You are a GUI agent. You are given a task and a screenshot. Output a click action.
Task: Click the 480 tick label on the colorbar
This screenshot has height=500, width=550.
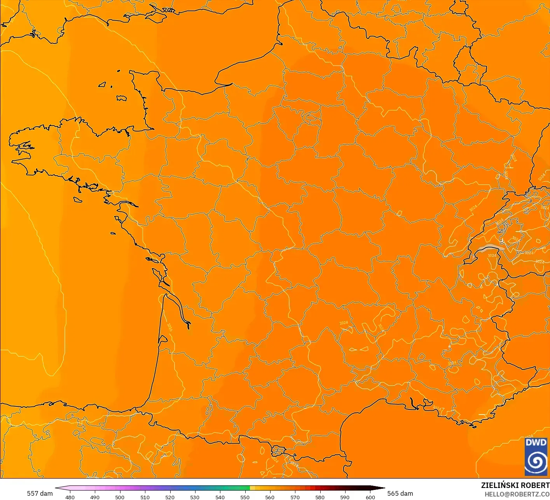(70, 497)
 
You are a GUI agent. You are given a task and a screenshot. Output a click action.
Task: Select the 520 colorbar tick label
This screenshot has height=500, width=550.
(170, 497)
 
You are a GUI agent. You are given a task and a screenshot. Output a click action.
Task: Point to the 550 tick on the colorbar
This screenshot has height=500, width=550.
(245, 497)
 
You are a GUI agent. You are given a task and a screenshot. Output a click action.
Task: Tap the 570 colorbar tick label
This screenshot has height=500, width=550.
(295, 497)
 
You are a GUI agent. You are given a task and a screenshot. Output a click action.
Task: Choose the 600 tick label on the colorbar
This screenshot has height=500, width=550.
(370, 497)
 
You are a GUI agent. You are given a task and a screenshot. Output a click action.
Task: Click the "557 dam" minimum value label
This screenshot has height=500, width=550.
(40, 493)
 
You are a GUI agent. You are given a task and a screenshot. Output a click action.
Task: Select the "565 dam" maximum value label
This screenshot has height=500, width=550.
(400, 493)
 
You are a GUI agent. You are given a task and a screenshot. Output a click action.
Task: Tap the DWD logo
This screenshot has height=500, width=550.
(536, 456)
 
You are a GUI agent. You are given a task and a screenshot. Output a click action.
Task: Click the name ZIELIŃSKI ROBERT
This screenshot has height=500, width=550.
(515, 485)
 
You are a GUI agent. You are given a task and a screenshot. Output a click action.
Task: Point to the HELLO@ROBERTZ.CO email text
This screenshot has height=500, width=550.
(517, 494)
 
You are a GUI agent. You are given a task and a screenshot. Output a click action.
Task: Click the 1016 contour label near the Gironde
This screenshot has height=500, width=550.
(170, 327)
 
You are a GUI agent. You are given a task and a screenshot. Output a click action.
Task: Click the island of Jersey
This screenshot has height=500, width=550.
(122, 98)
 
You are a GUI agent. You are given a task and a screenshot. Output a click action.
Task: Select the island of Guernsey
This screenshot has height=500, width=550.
(103, 84)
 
